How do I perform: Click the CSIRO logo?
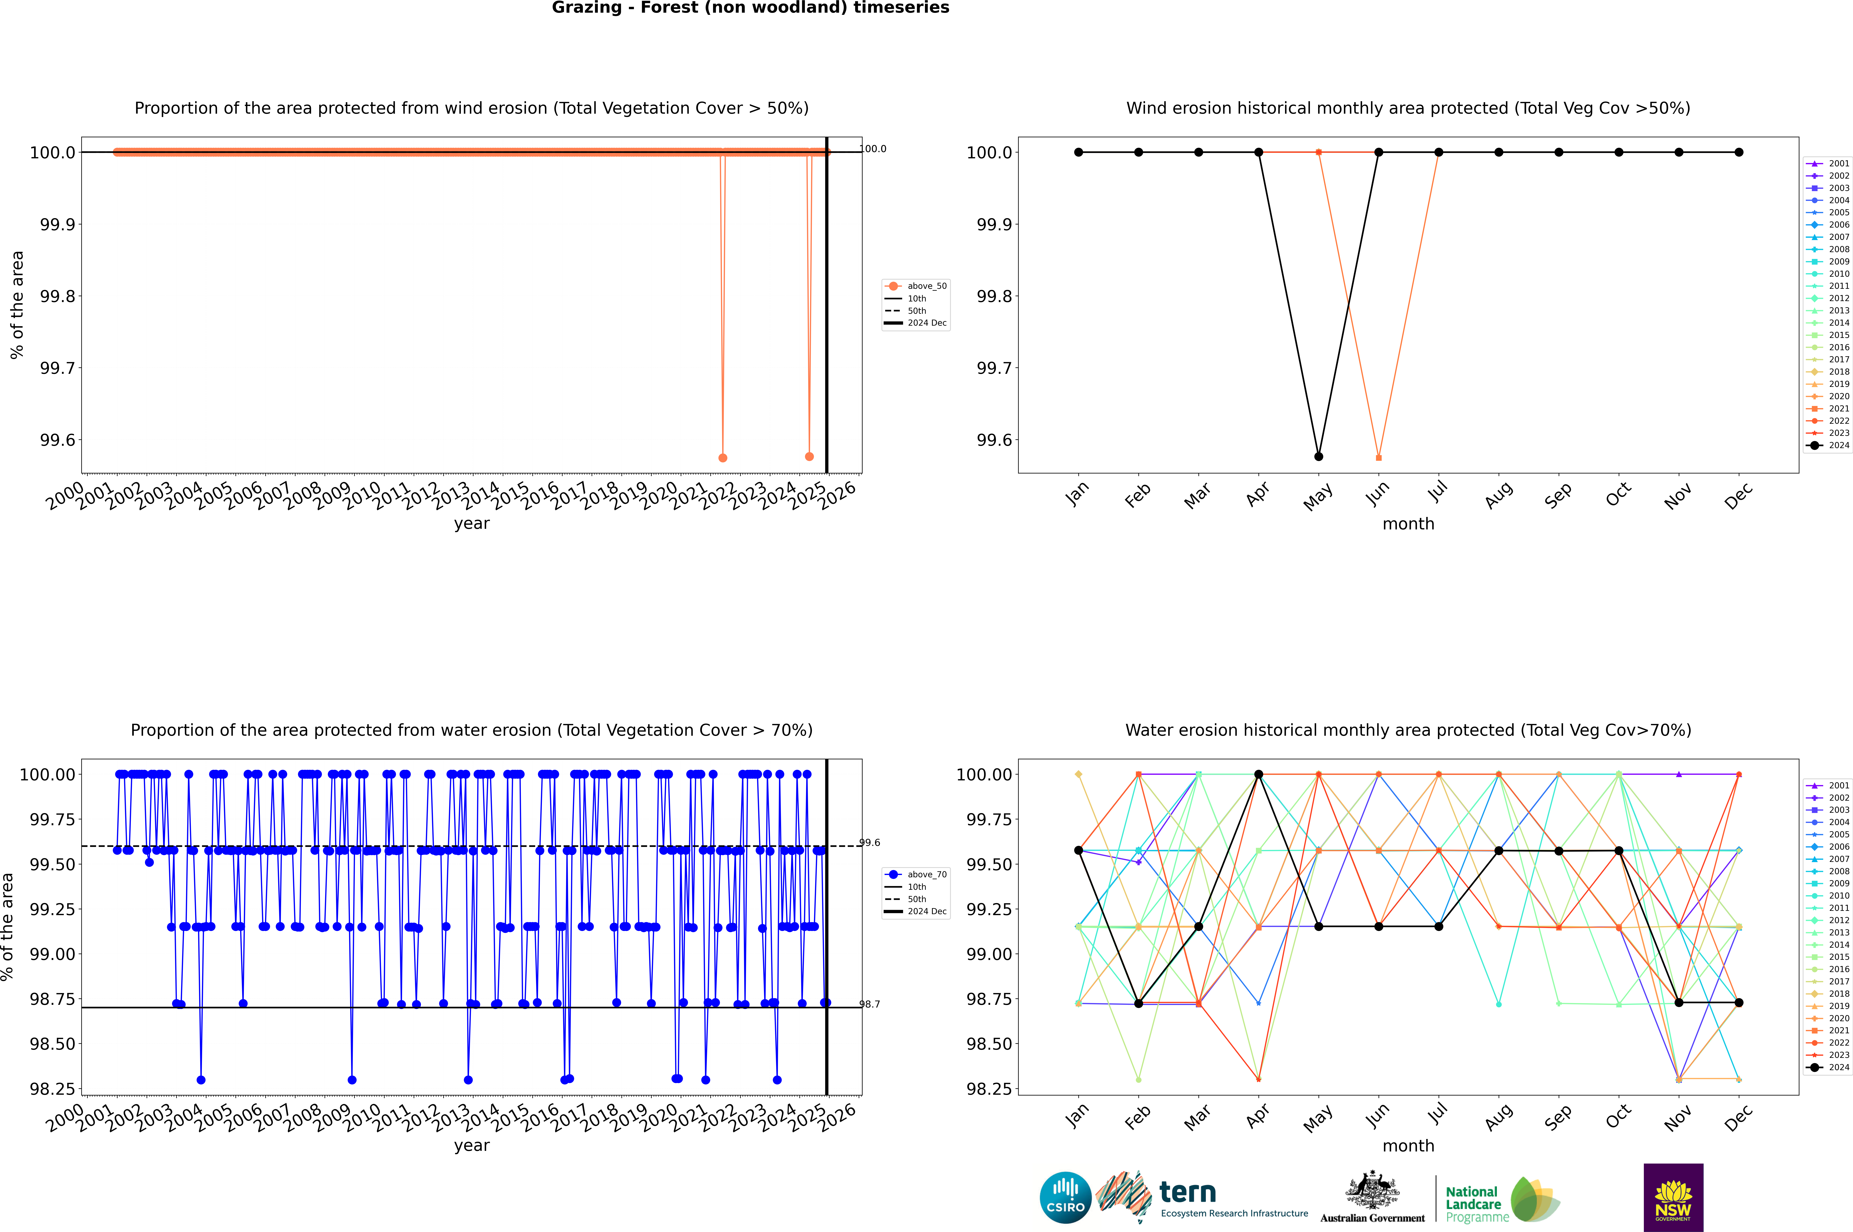1065,1197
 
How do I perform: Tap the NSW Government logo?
1673,1197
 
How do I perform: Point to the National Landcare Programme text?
1474,1204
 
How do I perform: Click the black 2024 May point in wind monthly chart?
1319,456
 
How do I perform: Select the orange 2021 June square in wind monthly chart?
1379,457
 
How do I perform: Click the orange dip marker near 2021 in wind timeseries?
723,457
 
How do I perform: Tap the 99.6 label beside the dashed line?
870,842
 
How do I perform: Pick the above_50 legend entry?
917,286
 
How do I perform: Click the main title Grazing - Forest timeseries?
750,8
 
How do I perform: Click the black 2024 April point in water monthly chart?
1258,774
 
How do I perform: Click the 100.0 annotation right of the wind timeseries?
873,149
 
